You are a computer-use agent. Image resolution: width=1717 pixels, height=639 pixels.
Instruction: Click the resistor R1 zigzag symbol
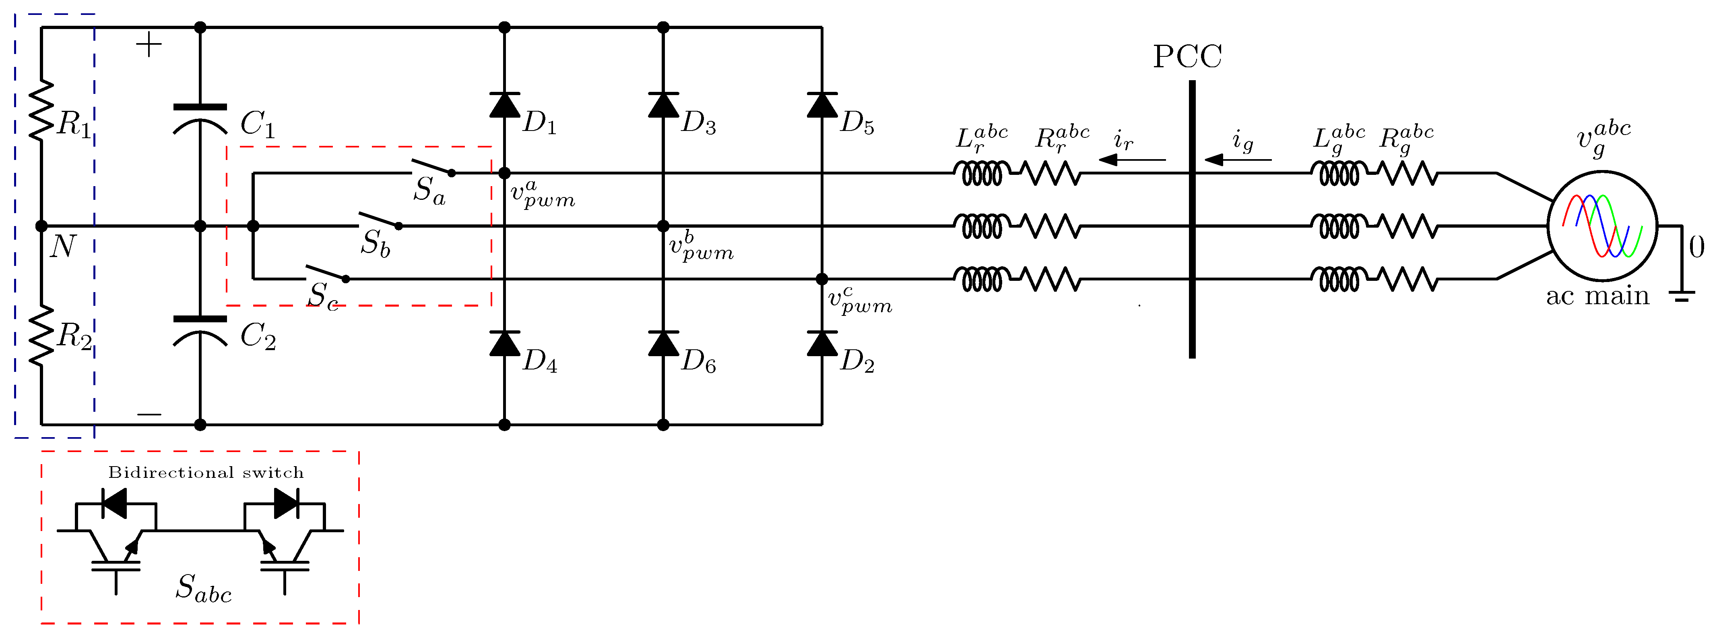(x=41, y=110)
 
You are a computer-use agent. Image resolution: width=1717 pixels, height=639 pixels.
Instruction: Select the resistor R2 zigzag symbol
(x=41, y=335)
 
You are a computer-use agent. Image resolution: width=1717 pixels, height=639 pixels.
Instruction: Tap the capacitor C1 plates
(x=200, y=117)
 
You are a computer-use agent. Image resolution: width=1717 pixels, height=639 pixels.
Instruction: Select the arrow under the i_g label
(x=1237, y=160)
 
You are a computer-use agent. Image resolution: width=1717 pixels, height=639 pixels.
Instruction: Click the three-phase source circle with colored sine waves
(x=1602, y=226)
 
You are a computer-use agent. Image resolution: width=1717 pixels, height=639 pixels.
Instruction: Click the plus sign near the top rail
(x=149, y=46)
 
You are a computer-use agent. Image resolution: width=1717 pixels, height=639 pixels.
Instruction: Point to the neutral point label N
(x=63, y=247)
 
